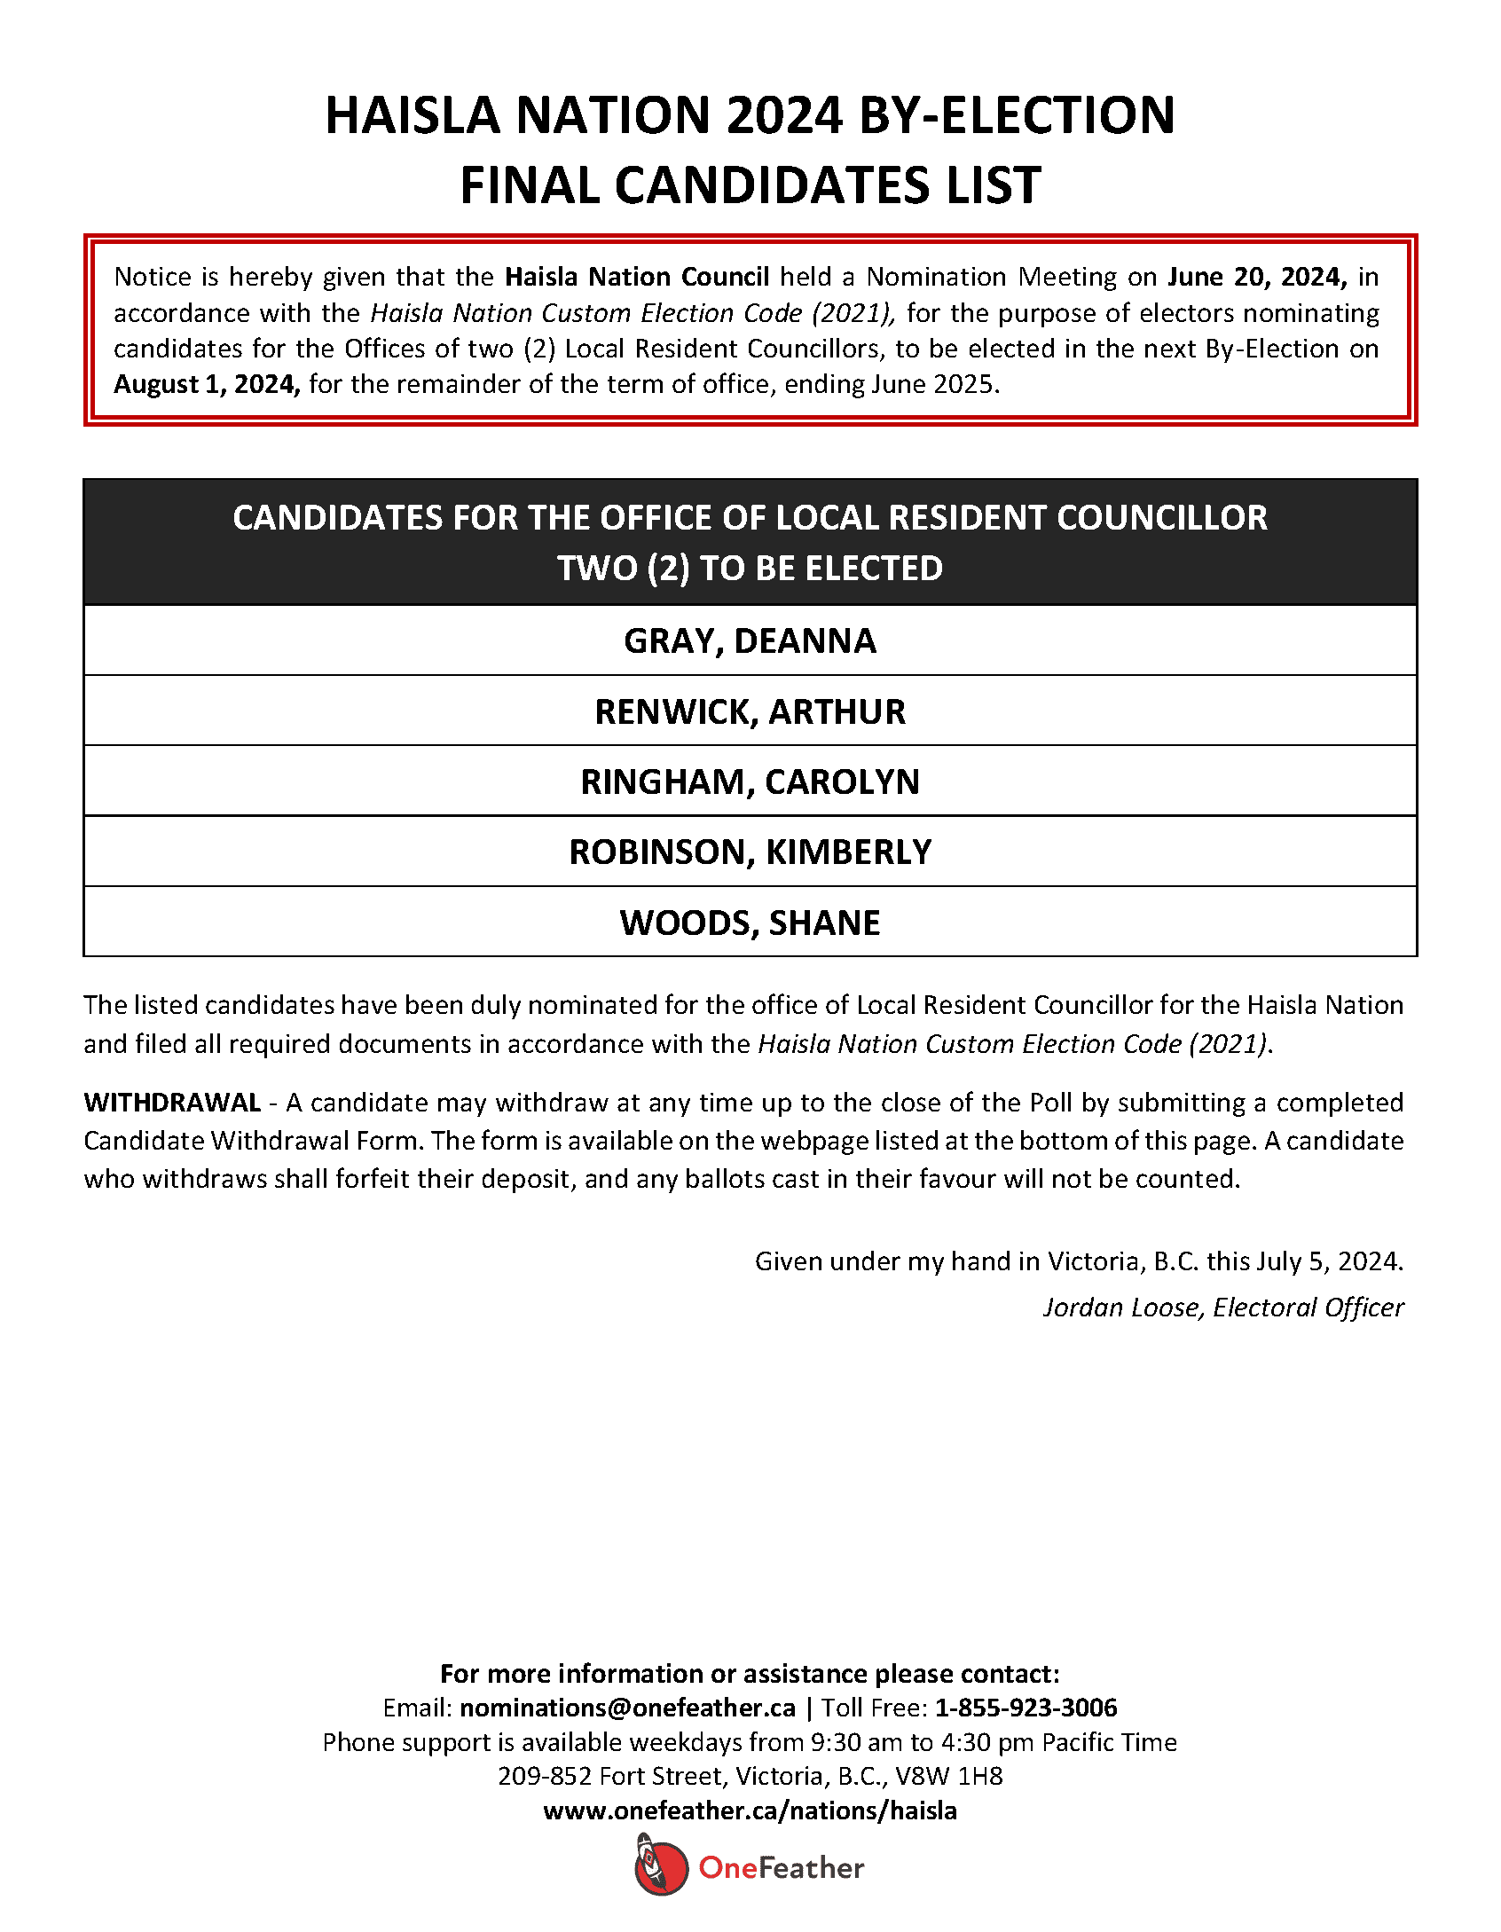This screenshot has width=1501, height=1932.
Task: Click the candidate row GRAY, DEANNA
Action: (750, 640)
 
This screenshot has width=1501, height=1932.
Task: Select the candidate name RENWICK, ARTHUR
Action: (750, 711)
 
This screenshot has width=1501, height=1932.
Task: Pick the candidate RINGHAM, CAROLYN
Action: (750, 781)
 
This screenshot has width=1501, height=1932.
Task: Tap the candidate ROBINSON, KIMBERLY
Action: (750, 852)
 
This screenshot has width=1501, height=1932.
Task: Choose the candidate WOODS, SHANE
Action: (750, 923)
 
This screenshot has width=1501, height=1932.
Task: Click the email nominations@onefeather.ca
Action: (627, 1708)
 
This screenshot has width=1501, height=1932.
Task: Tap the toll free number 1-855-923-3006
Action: (1026, 1708)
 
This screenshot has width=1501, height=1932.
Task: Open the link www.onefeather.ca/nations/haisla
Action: (750, 1810)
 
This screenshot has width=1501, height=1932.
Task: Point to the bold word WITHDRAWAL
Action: (172, 1103)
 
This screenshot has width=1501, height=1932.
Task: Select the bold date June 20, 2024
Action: (1257, 277)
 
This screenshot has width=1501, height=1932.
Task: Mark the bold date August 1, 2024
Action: (207, 384)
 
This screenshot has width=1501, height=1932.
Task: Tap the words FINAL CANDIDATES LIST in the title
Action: (750, 185)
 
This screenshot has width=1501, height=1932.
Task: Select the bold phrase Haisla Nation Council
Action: (637, 277)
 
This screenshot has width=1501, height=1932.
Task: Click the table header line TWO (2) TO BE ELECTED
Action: (750, 568)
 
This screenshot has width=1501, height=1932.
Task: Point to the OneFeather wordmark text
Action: (781, 1868)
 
